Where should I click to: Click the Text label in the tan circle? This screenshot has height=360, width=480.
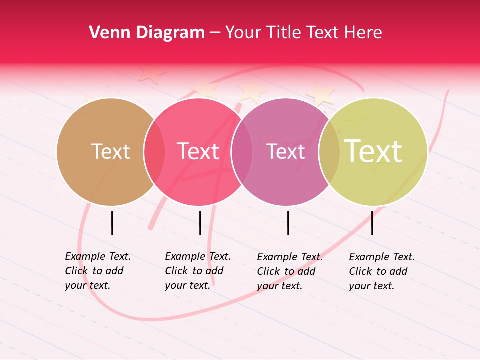(110, 151)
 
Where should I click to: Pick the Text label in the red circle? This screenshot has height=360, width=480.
(198, 151)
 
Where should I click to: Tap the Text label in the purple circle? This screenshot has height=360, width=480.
(285, 151)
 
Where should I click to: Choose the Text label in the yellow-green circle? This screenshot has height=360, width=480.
(373, 151)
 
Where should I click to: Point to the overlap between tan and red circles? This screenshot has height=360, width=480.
(154, 152)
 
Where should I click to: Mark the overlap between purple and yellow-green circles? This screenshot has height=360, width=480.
(329, 152)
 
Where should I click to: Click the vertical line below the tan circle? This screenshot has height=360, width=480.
(112, 223)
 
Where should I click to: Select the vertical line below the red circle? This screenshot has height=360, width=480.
(200, 223)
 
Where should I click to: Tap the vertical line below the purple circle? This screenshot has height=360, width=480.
(288, 223)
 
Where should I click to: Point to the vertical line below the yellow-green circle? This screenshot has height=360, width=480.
(372, 223)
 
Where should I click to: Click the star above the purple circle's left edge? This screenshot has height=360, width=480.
(252, 91)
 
